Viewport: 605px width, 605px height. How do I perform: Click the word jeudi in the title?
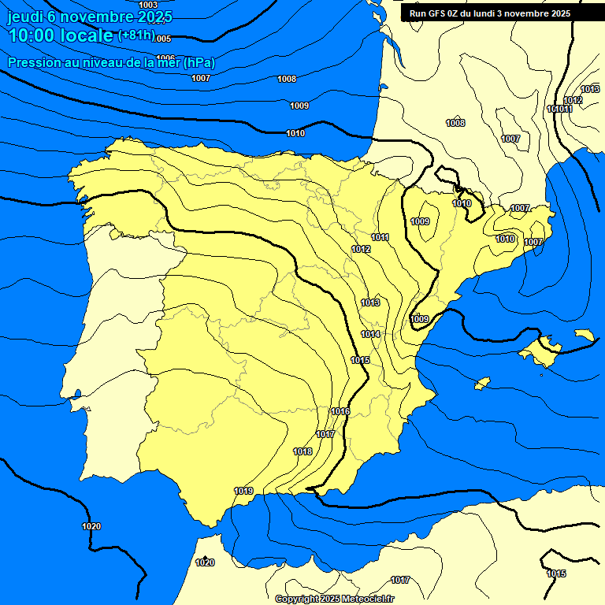click(x=24, y=16)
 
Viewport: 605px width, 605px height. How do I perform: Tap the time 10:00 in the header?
click(x=32, y=35)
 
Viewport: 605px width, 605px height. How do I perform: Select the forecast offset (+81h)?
click(x=136, y=35)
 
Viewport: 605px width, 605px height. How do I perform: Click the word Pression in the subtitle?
click(x=32, y=62)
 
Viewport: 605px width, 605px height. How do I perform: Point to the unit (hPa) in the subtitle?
click(x=199, y=62)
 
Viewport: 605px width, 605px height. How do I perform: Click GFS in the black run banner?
click(x=436, y=13)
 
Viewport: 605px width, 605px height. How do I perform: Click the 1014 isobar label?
click(x=371, y=334)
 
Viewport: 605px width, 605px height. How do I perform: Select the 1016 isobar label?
click(x=340, y=411)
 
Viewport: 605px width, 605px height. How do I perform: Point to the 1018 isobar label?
click(x=302, y=451)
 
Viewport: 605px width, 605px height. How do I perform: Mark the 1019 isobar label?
click(x=243, y=491)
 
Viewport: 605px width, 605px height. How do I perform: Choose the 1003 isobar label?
click(x=148, y=6)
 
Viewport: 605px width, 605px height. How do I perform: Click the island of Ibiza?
click(x=482, y=383)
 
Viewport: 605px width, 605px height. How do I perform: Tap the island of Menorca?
click(x=584, y=336)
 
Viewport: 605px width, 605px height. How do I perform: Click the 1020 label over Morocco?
click(x=205, y=562)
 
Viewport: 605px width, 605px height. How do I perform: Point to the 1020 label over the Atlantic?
click(x=91, y=526)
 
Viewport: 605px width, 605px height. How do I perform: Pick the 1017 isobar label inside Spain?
click(x=325, y=434)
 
